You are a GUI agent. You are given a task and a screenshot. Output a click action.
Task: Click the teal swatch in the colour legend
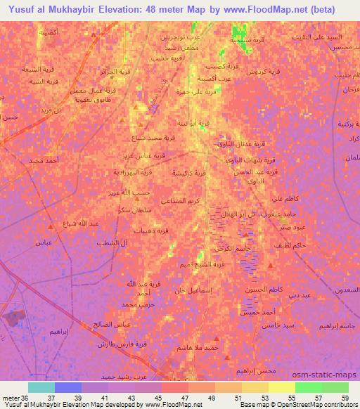pos(41,387)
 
